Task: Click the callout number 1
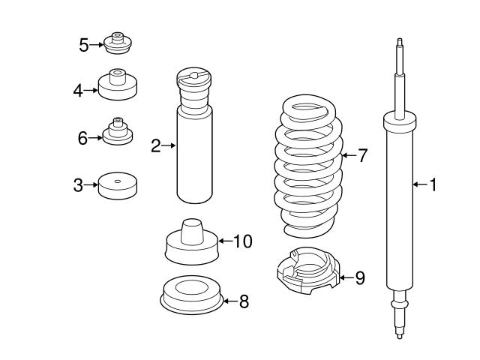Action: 432,184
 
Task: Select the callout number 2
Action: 155,145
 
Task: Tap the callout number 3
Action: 78,184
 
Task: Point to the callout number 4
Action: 78,91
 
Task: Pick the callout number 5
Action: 83,45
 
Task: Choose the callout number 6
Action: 83,137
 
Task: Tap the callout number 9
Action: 359,278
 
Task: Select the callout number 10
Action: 242,241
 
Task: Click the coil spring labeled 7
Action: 307,165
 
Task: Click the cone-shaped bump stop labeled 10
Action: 190,241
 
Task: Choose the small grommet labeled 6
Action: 117,133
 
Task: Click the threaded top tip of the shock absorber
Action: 400,45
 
